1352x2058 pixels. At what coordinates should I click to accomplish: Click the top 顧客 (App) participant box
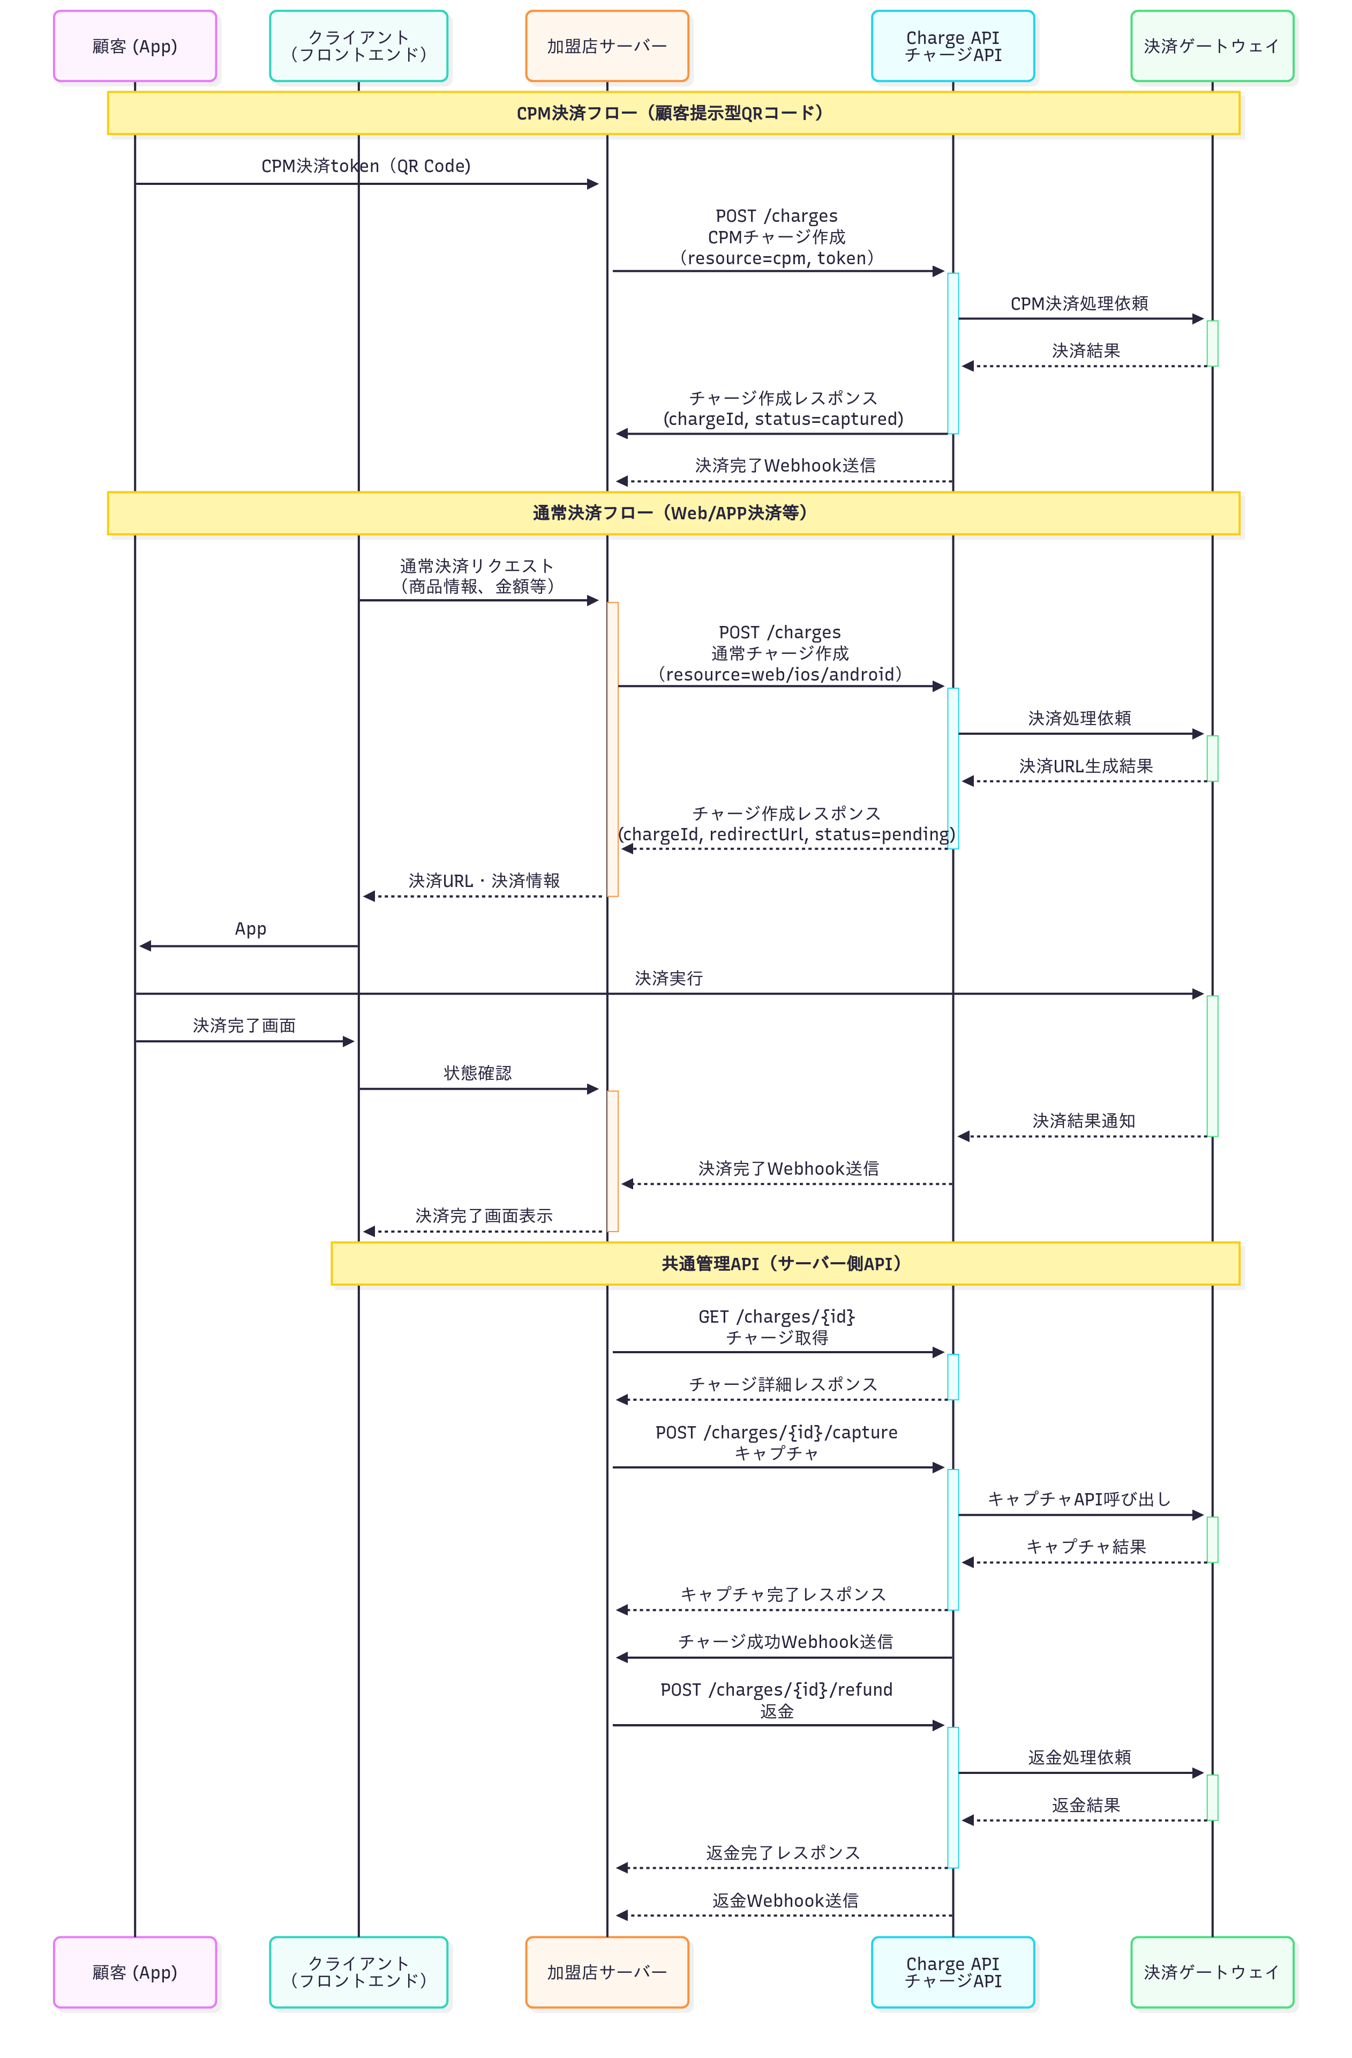click(x=135, y=47)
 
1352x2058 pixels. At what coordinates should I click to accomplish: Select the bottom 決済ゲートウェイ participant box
click(x=1211, y=1972)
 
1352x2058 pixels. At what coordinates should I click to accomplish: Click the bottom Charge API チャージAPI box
click(x=952, y=1972)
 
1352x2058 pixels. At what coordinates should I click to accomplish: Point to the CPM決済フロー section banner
click(x=673, y=113)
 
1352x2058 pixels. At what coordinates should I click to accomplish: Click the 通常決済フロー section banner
click(x=673, y=513)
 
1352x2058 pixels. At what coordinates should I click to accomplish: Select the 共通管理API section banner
click(x=784, y=1263)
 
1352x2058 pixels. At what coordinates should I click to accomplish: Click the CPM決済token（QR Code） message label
click(x=366, y=166)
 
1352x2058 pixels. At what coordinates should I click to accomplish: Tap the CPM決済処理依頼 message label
click(x=1079, y=303)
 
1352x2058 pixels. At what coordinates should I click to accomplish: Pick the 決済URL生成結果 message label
click(x=1086, y=766)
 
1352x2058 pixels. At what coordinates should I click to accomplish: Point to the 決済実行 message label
click(x=668, y=978)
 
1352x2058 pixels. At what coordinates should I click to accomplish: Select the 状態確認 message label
click(x=477, y=1073)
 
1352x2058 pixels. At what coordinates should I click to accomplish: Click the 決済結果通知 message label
click(x=1083, y=1121)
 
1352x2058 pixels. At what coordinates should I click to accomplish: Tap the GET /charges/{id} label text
click(x=776, y=1317)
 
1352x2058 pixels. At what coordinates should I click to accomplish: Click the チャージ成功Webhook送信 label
click(x=785, y=1641)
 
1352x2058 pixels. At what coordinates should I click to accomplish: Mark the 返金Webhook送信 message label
click(x=785, y=1900)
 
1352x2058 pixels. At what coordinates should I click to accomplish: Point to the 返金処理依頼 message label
click(x=1079, y=1757)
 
